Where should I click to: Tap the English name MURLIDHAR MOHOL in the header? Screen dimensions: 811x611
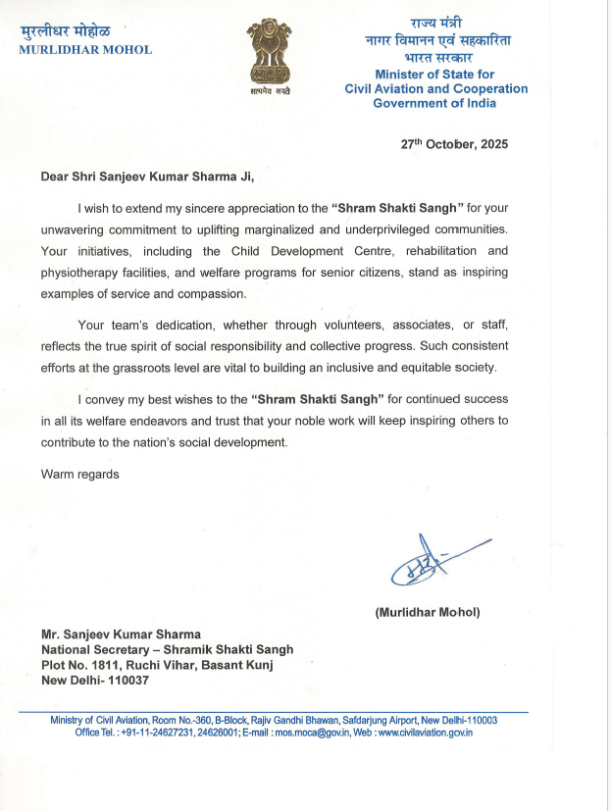point(85,50)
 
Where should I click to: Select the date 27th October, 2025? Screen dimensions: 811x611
point(454,143)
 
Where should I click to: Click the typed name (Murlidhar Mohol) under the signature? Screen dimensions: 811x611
point(427,612)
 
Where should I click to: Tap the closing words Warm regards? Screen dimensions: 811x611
point(79,474)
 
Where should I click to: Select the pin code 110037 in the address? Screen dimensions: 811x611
point(127,680)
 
